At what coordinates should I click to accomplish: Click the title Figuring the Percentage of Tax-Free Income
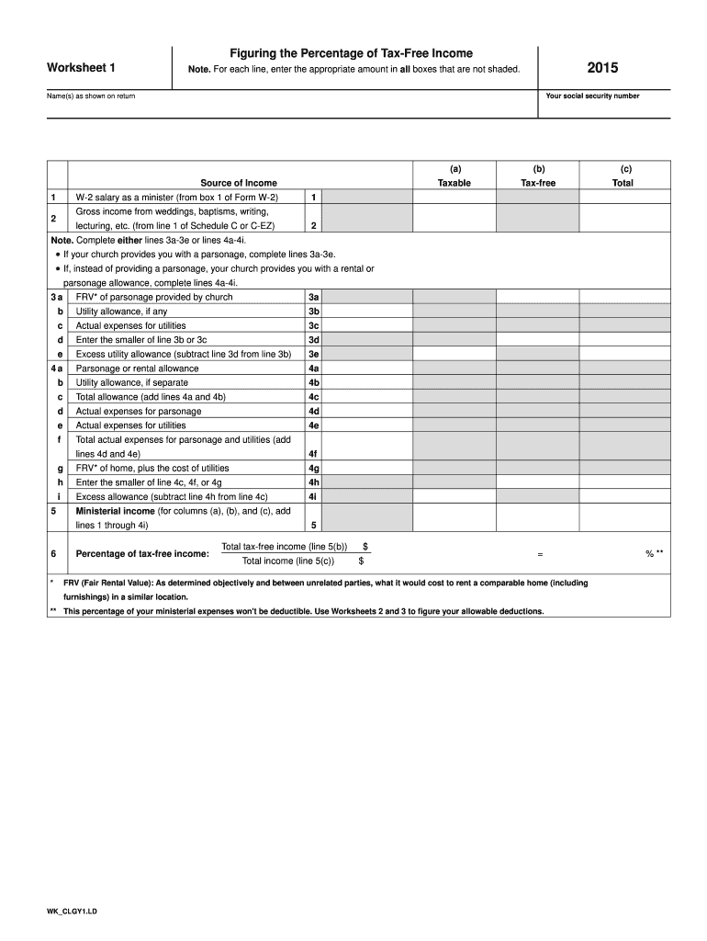352,53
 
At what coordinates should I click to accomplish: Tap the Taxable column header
454,183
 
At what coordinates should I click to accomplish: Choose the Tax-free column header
538,183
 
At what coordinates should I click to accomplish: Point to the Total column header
622,183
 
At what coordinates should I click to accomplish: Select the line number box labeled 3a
314,297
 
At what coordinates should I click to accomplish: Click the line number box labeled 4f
314,454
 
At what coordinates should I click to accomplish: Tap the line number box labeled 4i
314,497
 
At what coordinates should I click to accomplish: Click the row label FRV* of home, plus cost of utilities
152,469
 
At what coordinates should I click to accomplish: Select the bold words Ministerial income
115,511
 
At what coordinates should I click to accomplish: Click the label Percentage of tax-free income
142,554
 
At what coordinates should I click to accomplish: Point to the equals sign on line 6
540,554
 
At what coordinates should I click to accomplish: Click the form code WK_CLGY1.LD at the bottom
73,912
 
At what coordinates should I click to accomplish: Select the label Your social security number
592,96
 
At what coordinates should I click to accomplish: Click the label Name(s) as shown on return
92,96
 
